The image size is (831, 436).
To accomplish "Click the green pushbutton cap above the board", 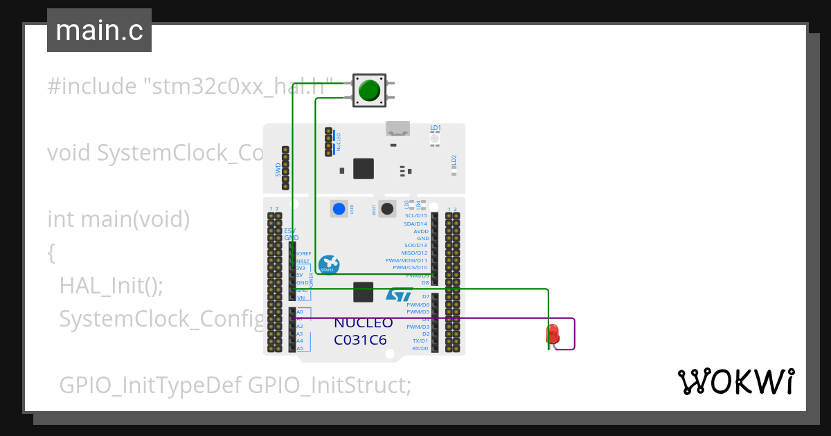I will tap(369, 91).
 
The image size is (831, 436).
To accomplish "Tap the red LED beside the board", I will tap(553, 334).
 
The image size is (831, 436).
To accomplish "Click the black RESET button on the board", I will tap(388, 208).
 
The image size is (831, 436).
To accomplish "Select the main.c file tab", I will tap(99, 30).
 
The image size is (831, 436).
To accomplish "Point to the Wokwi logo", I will tap(735, 381).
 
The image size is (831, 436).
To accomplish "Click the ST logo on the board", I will tap(400, 296).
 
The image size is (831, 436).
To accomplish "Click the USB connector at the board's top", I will tap(397, 128).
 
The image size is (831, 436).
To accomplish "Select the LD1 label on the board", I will tap(436, 128).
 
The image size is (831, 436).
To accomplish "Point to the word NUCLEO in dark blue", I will tap(363, 323).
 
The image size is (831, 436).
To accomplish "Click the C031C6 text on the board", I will tap(360, 340).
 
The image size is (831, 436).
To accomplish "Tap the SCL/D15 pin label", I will tap(415, 216).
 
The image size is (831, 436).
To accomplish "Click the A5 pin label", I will tap(300, 348).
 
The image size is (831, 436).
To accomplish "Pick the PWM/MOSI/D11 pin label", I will tap(406, 260).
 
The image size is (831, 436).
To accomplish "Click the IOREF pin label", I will tap(304, 254).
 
